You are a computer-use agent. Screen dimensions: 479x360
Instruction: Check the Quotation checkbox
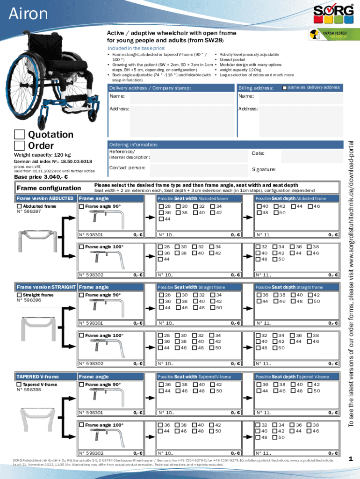pyautogui.click(x=19, y=135)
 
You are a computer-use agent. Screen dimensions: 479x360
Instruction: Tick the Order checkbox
pyautogui.click(x=19, y=146)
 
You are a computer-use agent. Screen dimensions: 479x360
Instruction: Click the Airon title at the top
pyautogui.click(x=29, y=14)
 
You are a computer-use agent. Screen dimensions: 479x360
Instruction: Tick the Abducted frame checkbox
pyautogui.click(x=19, y=206)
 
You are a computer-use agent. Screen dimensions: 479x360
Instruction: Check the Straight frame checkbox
pyautogui.click(x=19, y=295)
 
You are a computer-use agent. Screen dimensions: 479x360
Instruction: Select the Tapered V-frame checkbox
pyautogui.click(x=19, y=385)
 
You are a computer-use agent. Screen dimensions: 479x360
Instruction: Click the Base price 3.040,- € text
pyautogui.click(x=41, y=177)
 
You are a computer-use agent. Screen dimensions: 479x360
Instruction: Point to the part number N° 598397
pyautogui.click(x=29, y=211)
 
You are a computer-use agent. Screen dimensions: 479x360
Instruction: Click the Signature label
pyautogui.click(x=264, y=169)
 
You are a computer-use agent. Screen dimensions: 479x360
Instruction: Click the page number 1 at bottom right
pyautogui.click(x=351, y=459)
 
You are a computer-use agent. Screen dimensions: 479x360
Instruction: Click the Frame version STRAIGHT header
pyautogui.click(x=45, y=287)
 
